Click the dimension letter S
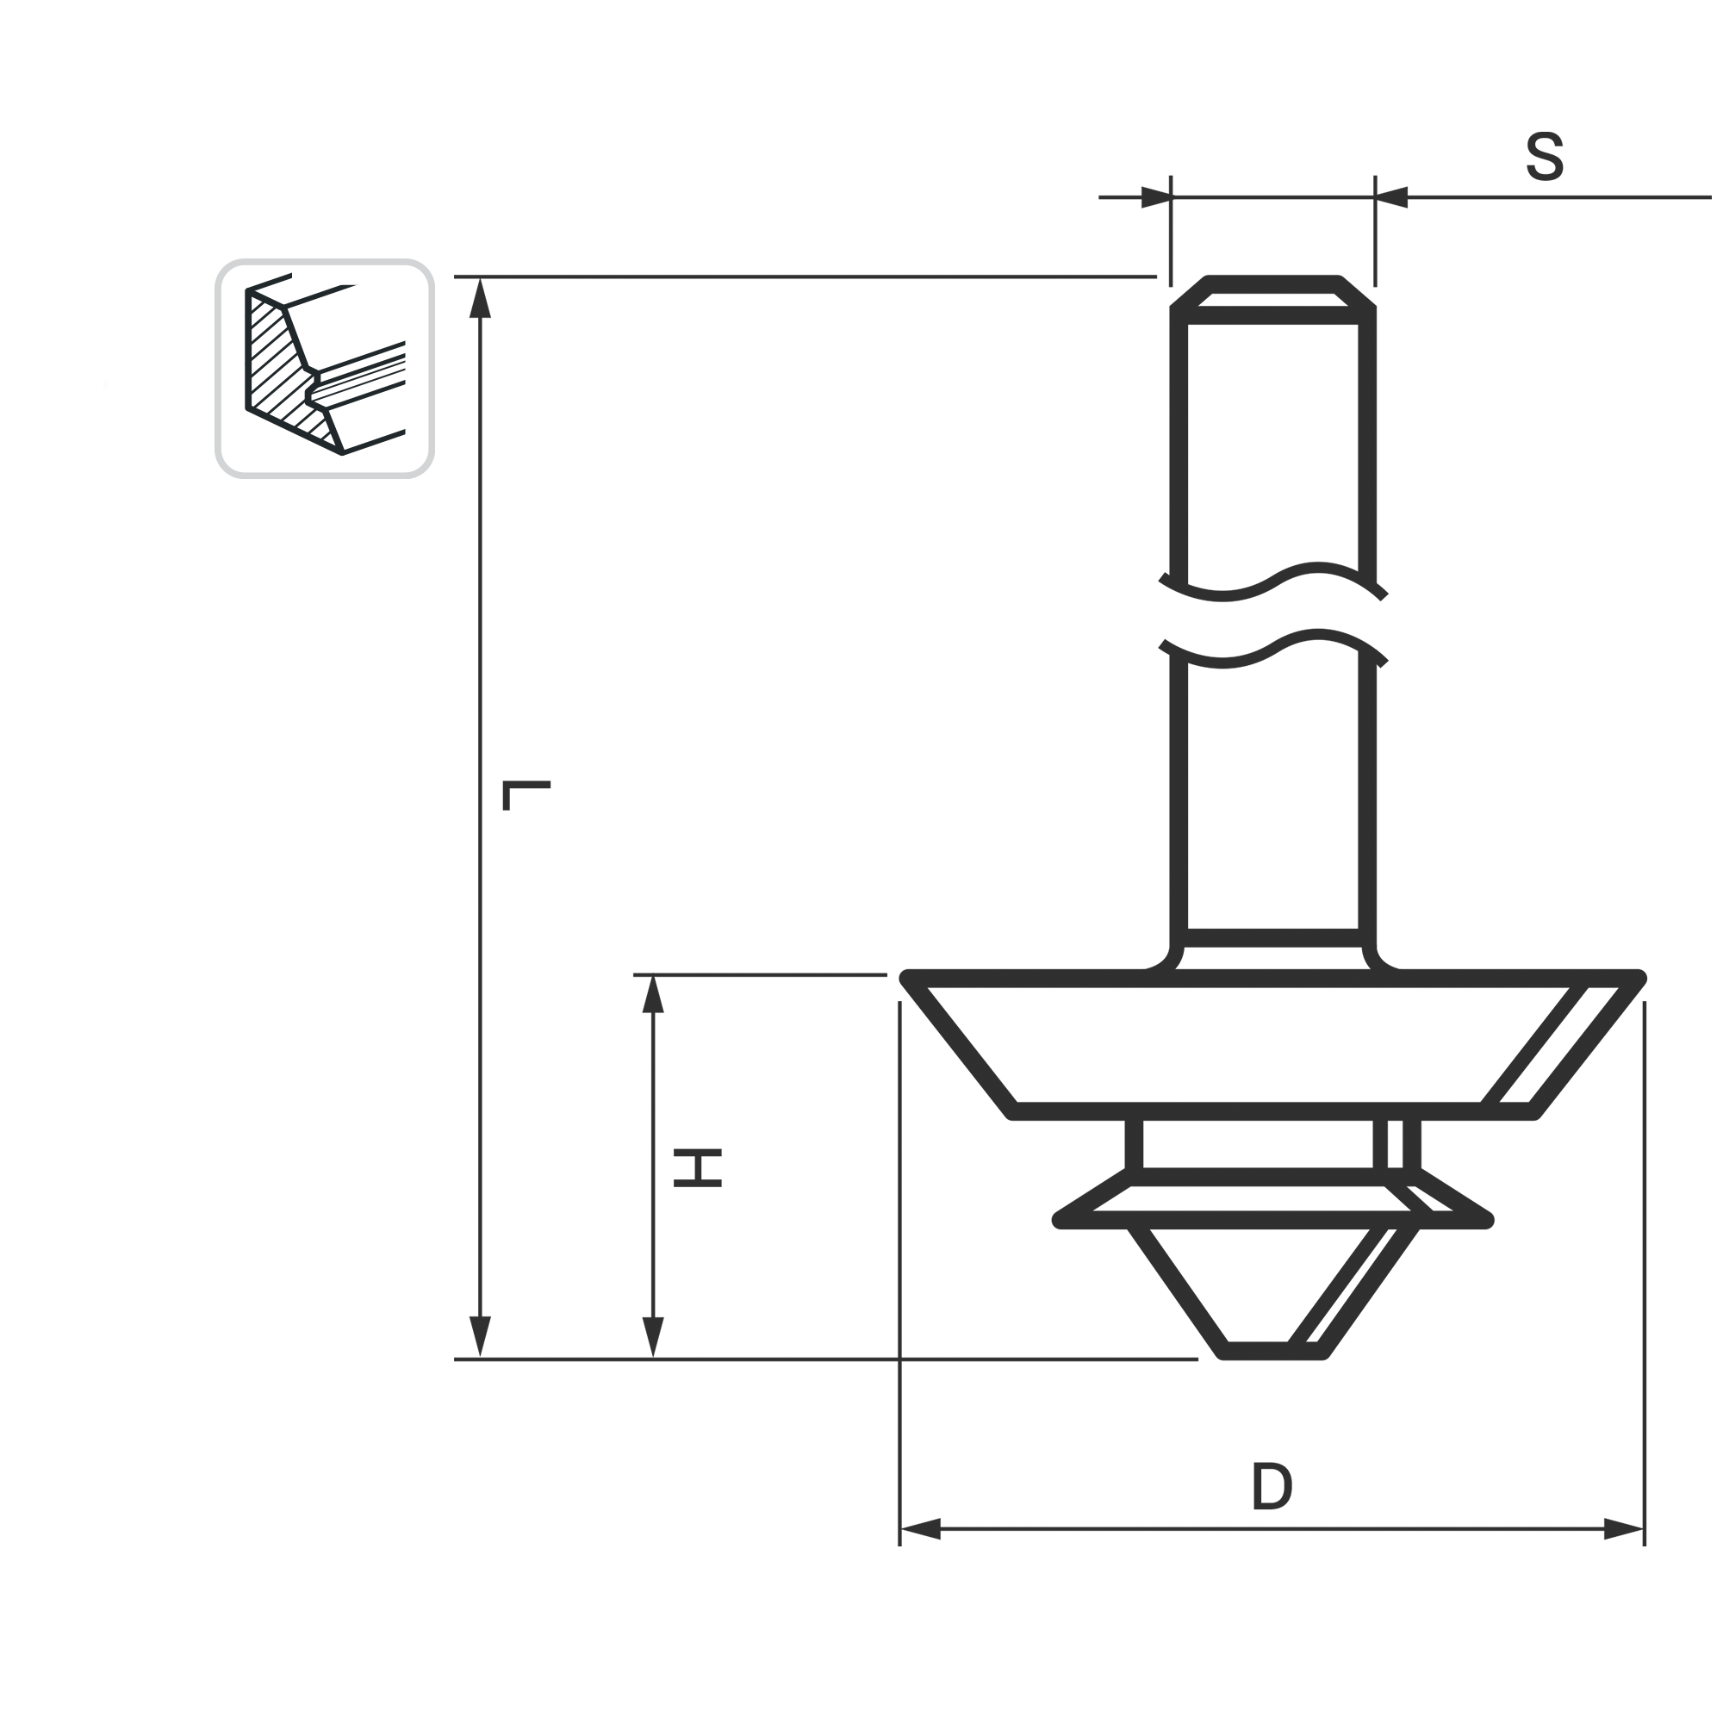(1546, 157)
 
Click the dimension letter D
(1272, 1485)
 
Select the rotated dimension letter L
(526, 795)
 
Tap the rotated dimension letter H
(698, 1168)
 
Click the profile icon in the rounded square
(325, 370)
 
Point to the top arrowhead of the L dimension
(481, 298)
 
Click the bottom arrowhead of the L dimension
(481, 1336)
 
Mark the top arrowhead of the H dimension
(654, 994)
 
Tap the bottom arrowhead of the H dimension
(654, 1336)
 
